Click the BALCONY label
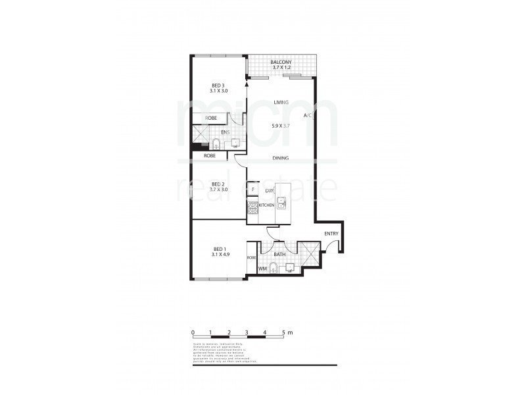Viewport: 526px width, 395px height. pos(281,63)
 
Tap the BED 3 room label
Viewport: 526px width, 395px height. pos(218,85)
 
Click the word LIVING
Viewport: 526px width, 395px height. pos(282,102)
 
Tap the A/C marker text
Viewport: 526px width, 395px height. pos(307,116)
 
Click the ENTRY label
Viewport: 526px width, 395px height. pos(332,234)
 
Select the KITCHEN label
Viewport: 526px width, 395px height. pos(266,206)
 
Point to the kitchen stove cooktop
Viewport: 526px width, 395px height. pos(252,207)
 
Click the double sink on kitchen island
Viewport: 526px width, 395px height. pos(281,203)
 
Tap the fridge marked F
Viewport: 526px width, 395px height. pos(252,190)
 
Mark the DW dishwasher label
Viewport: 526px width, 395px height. pos(269,190)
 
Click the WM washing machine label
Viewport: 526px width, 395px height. pos(262,269)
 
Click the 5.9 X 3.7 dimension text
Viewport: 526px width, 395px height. pos(282,125)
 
